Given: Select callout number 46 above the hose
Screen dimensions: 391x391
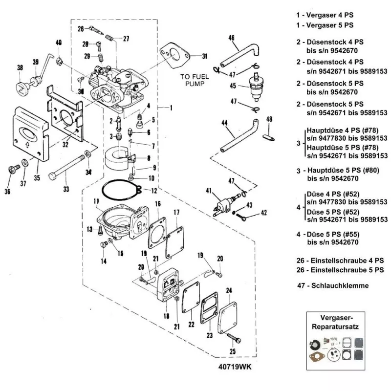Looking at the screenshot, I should pos(231,38).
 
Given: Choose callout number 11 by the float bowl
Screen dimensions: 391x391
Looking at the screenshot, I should pos(97,201).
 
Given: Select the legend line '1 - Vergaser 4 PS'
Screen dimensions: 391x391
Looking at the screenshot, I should pos(326,15).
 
